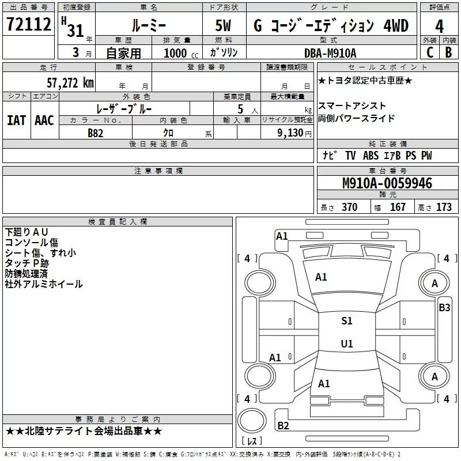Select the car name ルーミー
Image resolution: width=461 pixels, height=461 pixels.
click(148, 27)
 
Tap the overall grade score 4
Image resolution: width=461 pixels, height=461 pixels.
click(439, 27)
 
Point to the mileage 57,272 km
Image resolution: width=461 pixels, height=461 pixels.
click(70, 82)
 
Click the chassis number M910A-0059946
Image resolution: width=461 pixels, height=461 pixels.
click(387, 183)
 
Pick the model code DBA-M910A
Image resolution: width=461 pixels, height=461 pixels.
click(330, 53)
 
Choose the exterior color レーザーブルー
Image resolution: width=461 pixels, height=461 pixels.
click(126, 108)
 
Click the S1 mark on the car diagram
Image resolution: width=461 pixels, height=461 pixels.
click(346, 321)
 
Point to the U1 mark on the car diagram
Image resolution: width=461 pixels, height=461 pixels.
click(346, 343)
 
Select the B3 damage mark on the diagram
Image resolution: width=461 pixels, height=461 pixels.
click(444, 308)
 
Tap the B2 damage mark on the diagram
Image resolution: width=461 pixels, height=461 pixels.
click(283, 426)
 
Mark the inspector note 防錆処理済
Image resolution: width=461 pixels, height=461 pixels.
click(26, 273)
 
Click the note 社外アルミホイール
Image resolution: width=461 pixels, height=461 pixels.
click(44, 284)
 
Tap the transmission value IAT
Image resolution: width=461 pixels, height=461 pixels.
click(16, 120)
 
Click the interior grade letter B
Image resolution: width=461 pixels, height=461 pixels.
click(448, 53)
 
